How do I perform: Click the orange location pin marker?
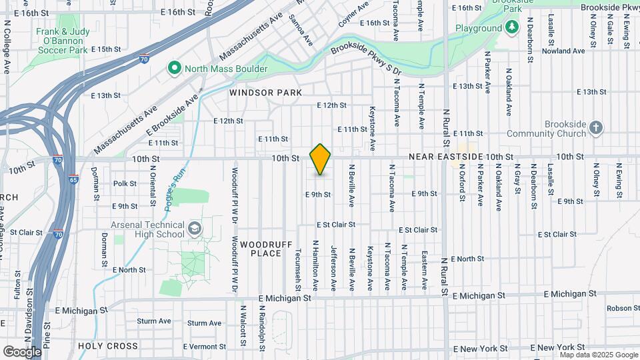point(321,159)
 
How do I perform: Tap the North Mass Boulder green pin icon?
point(175,68)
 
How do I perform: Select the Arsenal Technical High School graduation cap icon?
point(194,229)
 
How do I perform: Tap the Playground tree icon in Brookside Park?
point(511,28)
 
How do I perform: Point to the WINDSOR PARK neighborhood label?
point(265,93)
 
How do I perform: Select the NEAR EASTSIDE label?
point(450,156)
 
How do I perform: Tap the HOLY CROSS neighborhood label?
point(108,346)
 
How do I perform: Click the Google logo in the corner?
point(22,351)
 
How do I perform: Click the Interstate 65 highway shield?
point(72,179)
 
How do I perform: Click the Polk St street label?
point(125,183)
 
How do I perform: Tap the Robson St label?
point(623,308)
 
